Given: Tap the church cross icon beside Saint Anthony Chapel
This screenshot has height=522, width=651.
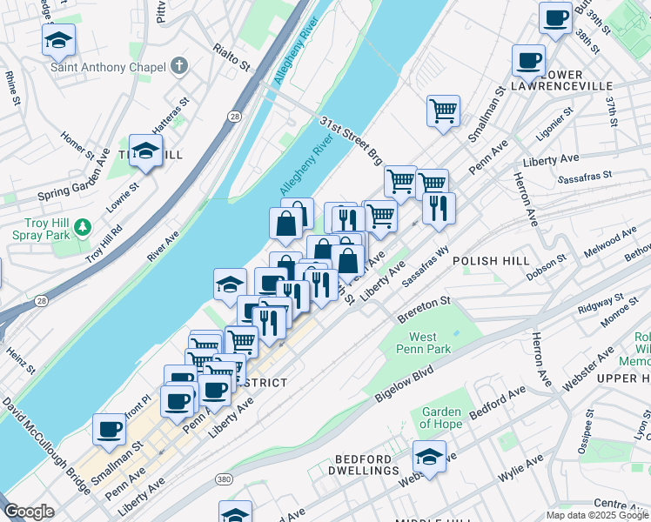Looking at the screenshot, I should pyautogui.click(x=179, y=65).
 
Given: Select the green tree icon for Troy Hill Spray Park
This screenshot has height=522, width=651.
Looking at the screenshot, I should pyautogui.click(x=83, y=227).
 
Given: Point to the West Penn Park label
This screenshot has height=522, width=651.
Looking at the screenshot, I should pyautogui.click(x=423, y=344).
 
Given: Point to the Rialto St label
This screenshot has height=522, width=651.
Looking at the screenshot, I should pyautogui.click(x=232, y=55).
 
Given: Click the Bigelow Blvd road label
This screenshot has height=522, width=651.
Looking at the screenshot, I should pyautogui.click(x=404, y=384).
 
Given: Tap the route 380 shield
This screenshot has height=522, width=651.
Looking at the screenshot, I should pyautogui.click(x=225, y=479).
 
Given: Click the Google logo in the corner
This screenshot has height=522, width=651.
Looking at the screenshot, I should pyautogui.click(x=29, y=512).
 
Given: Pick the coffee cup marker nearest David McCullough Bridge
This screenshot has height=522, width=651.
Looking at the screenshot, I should pyautogui.click(x=110, y=428).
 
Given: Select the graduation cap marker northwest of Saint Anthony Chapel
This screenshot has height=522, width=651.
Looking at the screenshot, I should pyautogui.click(x=59, y=39).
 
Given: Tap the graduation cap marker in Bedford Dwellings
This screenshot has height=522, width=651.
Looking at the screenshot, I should pyautogui.click(x=428, y=456).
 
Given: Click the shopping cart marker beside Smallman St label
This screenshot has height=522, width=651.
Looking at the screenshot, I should pyautogui.click(x=443, y=111).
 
